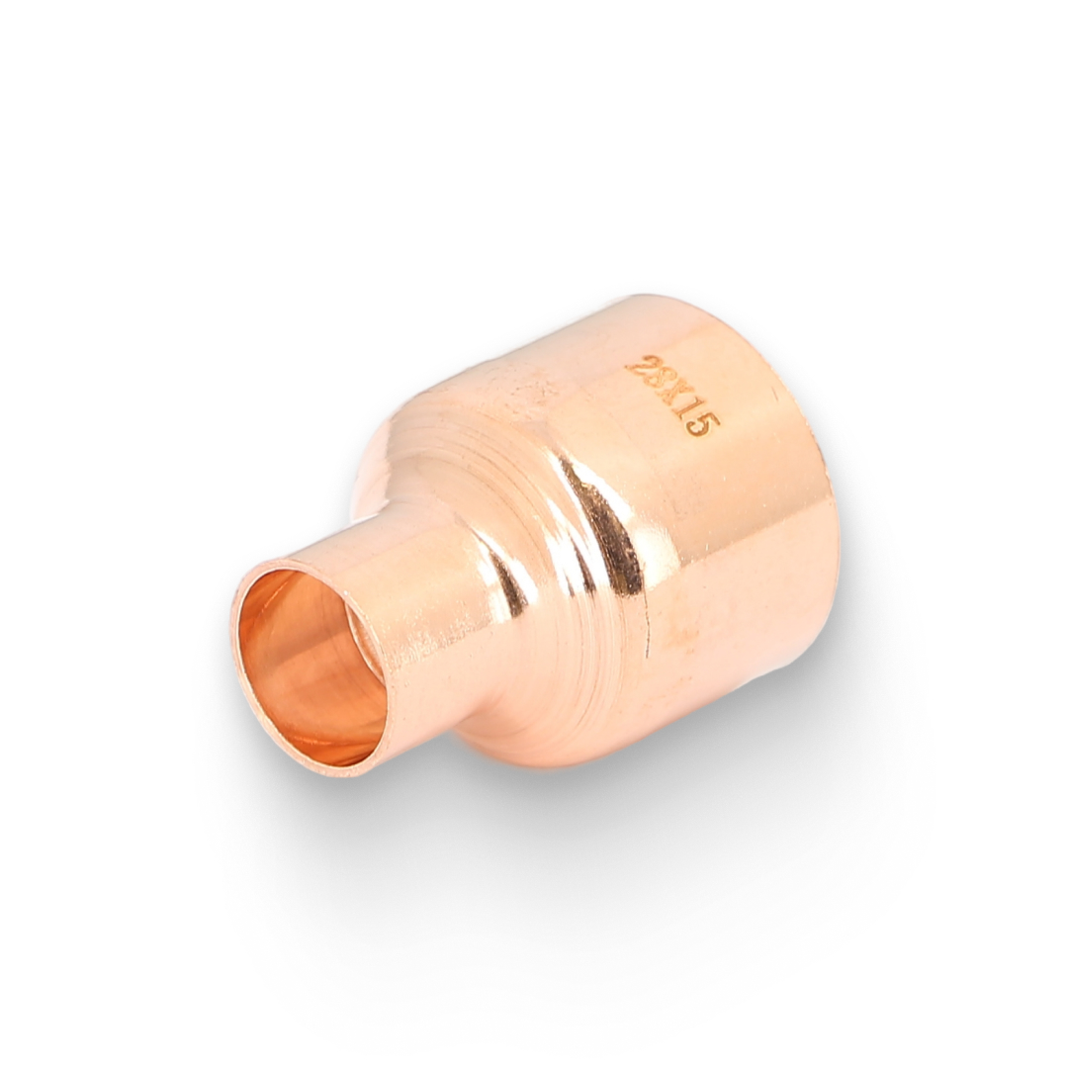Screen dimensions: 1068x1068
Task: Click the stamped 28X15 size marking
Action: click(x=673, y=400)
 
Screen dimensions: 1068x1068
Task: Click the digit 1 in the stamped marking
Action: click(x=683, y=412)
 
